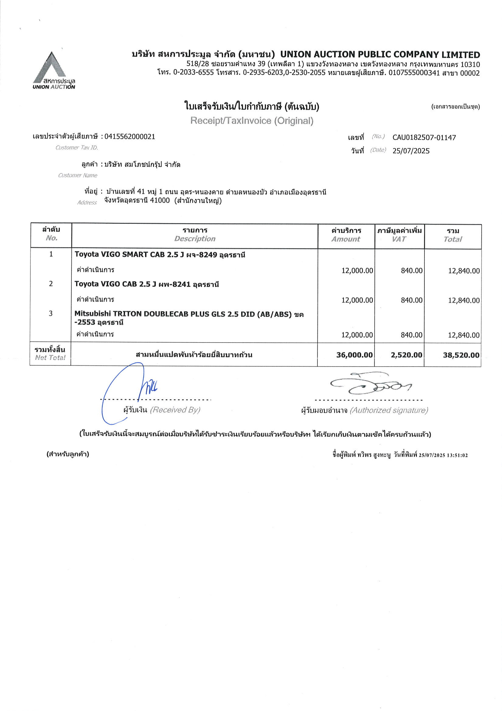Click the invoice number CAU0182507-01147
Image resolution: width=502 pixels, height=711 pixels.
tap(424, 138)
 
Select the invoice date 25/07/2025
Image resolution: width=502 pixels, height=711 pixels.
tap(411, 151)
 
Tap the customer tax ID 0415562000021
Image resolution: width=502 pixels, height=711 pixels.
tap(130, 136)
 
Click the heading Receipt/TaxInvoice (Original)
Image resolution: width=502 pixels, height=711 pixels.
tap(252, 121)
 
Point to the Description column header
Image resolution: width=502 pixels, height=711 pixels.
tap(195, 238)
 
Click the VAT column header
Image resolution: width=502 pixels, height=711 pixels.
tap(399, 239)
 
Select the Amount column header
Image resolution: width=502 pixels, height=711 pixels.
tap(346, 239)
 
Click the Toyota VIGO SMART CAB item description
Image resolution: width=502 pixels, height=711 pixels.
tap(160, 255)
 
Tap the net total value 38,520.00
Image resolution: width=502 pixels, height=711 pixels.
tap(461, 355)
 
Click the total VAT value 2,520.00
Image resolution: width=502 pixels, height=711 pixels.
tap(406, 355)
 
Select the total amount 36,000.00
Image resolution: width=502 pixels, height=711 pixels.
tap(354, 355)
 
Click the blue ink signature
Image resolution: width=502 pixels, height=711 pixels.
tap(130, 390)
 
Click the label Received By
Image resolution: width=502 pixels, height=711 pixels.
tap(175, 410)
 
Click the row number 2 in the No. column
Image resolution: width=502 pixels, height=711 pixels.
tap(51, 284)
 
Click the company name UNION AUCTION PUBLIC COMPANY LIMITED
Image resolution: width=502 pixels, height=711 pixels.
tap(380, 55)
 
